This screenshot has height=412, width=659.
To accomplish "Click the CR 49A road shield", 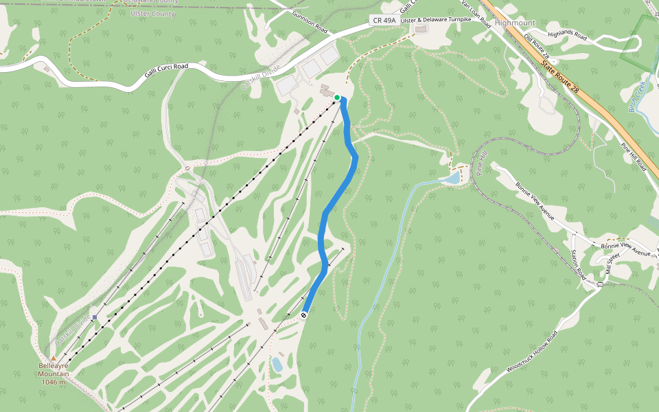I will point(383,21).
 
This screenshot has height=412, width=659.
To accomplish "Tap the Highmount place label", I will point(514,23).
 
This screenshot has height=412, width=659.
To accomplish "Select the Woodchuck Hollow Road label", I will point(532,351).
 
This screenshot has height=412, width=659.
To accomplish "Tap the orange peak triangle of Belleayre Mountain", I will point(53,358).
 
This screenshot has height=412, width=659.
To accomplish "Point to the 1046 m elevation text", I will point(53,382).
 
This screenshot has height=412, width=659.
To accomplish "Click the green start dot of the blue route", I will point(337,98).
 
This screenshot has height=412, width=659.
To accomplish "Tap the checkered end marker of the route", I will point(303,314).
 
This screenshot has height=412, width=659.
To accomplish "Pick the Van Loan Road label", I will point(476,13).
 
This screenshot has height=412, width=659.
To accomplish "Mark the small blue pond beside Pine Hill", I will point(452,179).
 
